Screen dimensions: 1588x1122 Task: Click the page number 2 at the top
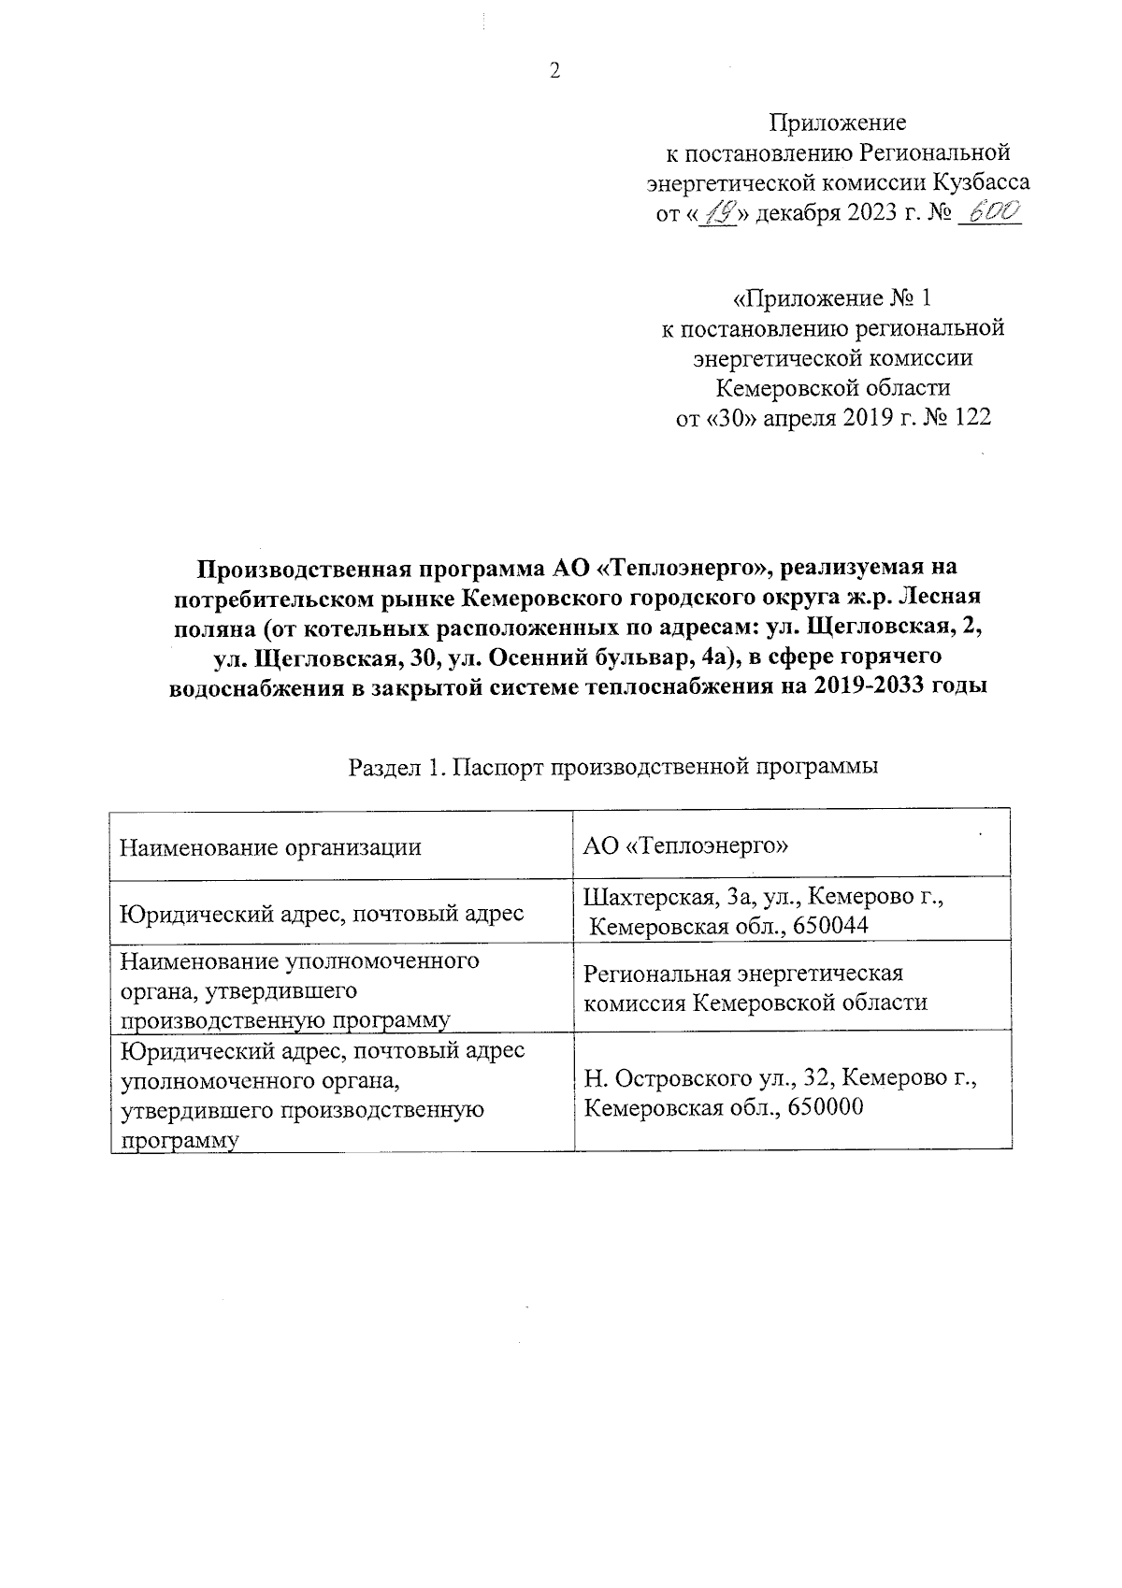[x=554, y=72]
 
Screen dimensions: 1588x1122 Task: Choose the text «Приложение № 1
[x=831, y=298]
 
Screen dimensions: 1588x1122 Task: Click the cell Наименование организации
[x=270, y=847]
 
